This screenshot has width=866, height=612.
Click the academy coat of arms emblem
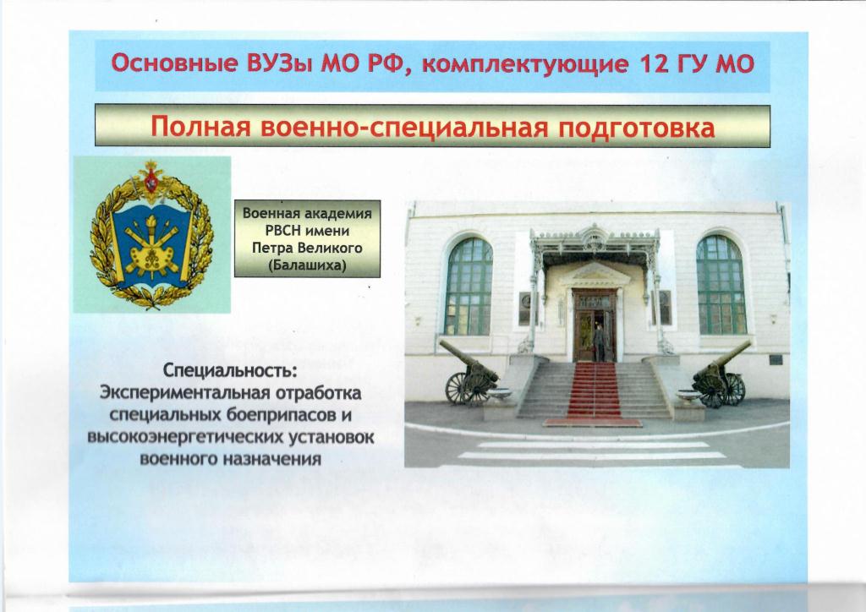pyautogui.click(x=152, y=234)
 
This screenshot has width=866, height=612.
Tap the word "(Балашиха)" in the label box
pyautogui.click(x=307, y=265)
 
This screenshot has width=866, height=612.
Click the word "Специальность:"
pyautogui.click(x=230, y=371)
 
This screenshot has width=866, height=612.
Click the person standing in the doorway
pyautogui.click(x=599, y=342)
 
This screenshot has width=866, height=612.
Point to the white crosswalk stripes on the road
pyautogui.click(x=591, y=451)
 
